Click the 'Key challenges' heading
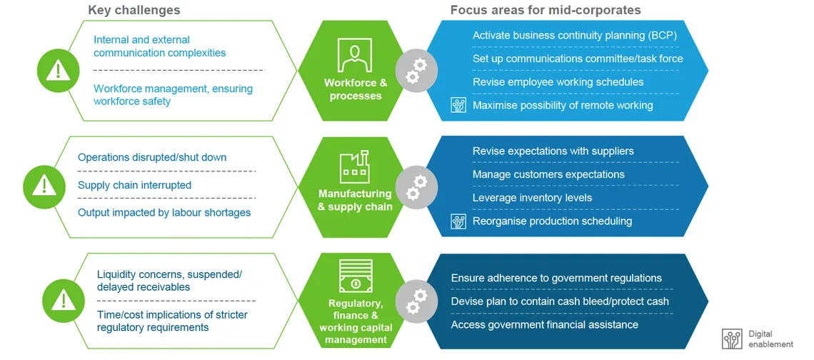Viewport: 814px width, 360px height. click(134, 10)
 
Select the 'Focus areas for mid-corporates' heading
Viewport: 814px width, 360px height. click(546, 10)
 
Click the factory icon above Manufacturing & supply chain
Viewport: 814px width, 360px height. click(355, 167)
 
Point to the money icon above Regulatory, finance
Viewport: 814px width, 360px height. click(356, 276)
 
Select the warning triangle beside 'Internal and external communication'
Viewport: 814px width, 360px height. click(59, 70)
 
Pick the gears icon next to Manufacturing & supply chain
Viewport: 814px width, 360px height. click(416, 188)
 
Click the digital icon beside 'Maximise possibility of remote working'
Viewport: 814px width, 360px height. click(458, 106)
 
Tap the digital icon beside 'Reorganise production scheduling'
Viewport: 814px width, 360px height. click(458, 221)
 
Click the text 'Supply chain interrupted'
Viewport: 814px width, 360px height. click(134, 185)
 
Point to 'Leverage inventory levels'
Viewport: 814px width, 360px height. click(532, 198)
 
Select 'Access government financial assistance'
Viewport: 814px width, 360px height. click(545, 325)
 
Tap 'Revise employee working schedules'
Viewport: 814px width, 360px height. click(558, 82)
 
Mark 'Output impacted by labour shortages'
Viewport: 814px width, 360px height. click(164, 212)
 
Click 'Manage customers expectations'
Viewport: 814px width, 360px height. click(548, 174)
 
